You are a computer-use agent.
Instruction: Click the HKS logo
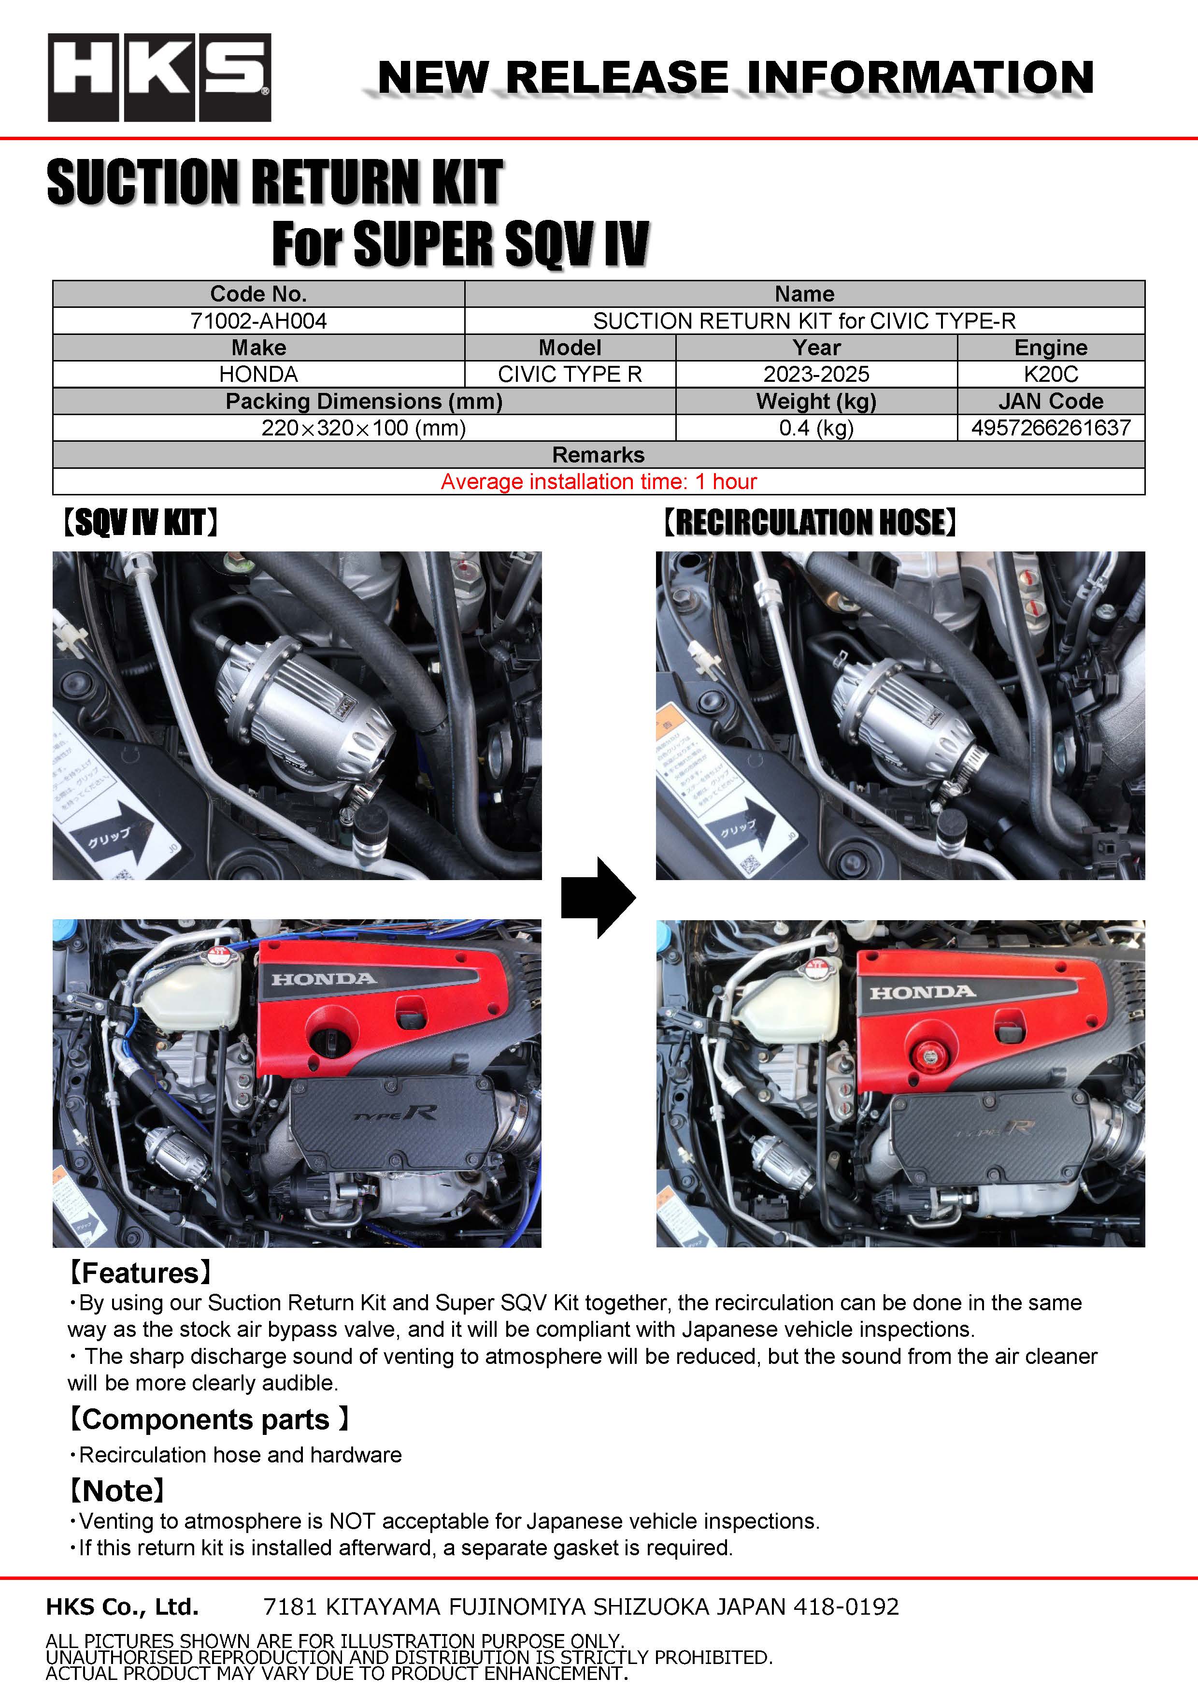click(x=159, y=77)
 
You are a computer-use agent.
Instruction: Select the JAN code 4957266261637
click(x=1051, y=428)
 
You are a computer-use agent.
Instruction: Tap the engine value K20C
click(x=1051, y=375)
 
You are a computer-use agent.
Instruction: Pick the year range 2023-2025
click(x=816, y=375)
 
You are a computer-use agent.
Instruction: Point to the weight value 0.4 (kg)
click(x=816, y=428)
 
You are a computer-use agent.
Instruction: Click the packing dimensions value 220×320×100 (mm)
click(x=363, y=428)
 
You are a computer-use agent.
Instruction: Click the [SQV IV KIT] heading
click(x=140, y=522)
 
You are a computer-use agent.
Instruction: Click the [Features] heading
click(x=140, y=1273)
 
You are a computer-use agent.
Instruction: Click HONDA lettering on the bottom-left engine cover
click(x=324, y=979)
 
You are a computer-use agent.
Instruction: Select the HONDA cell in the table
click(x=258, y=375)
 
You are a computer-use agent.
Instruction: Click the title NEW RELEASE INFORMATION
click(x=736, y=77)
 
